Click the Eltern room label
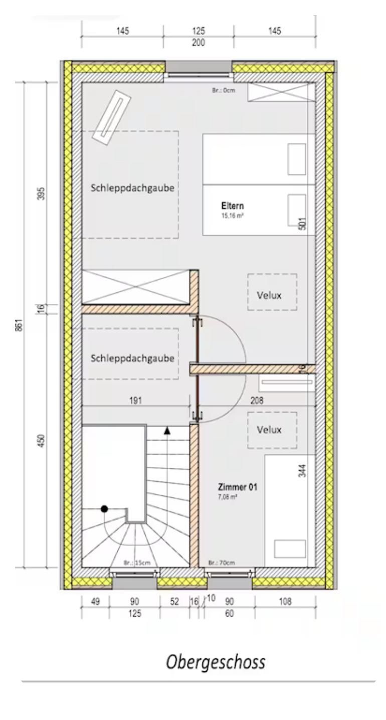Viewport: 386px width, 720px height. pos(233,206)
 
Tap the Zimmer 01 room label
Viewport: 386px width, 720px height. pos(238,487)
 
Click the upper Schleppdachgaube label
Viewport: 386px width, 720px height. pos(132,188)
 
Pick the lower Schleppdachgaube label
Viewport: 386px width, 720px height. pos(132,358)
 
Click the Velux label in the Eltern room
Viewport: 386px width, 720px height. pos(269,295)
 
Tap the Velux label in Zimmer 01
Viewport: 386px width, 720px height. pos(269,430)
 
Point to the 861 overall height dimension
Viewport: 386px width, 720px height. pos(19,324)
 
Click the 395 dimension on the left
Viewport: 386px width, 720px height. pos(42,194)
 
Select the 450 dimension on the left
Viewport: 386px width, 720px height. pos(42,441)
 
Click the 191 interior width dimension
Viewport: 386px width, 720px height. pos(135,401)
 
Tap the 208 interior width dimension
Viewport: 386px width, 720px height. pos(257,400)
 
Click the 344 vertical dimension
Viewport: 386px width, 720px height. pos(302,471)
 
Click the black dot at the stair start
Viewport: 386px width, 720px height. pos(104,509)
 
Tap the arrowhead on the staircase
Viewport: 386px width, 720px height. pos(167,431)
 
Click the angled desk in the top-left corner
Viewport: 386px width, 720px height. pos(112,118)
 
